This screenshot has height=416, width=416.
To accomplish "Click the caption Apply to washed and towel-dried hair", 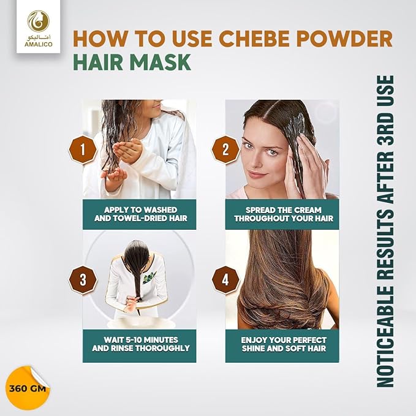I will click(x=140, y=213).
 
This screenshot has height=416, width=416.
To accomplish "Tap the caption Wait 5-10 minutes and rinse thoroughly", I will click(x=140, y=344).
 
